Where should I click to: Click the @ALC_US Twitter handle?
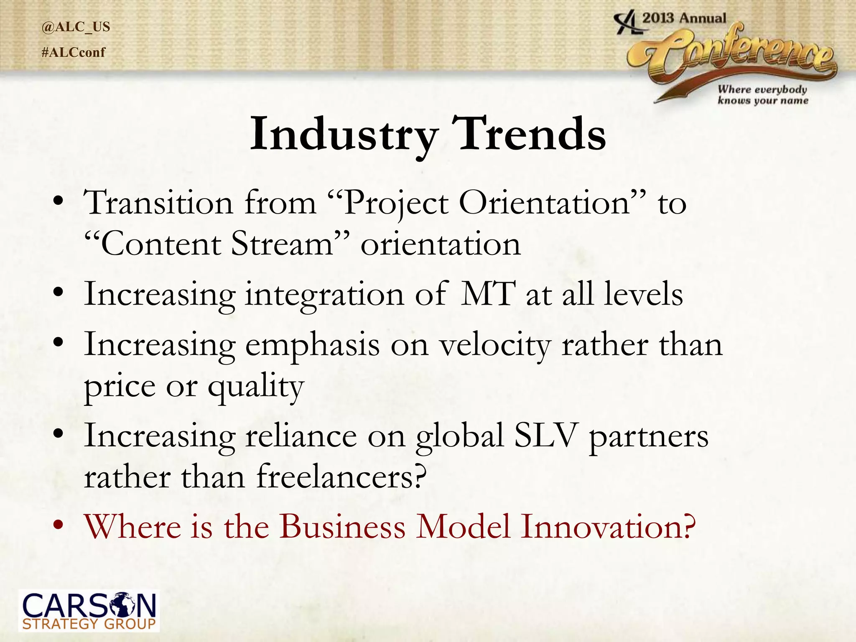pos(76,27)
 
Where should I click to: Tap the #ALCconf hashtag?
pos(74,52)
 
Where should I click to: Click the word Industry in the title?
pos(344,135)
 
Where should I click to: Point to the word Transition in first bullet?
pos(158,203)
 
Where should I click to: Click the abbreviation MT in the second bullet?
pos(487,294)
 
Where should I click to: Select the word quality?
pos(256,387)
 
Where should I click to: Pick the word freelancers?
pos(341,477)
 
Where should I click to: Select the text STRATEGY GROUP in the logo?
pos(89,624)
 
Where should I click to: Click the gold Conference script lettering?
pos(736,54)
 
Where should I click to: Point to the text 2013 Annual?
pos(684,18)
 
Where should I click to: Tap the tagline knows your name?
pos(763,100)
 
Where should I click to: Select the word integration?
pos(324,295)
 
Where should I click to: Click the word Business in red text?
pos(342,526)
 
